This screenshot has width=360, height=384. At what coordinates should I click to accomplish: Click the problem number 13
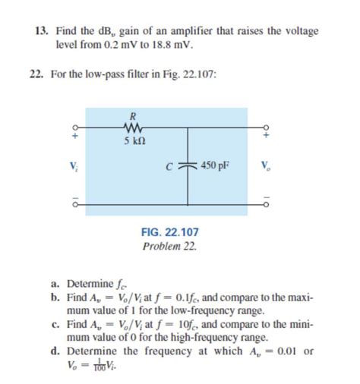(43, 32)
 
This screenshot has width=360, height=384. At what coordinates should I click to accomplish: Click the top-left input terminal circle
(74, 127)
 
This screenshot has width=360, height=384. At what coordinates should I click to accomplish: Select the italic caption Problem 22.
(170, 247)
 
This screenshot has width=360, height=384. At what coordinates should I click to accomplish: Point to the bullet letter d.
(57, 351)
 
